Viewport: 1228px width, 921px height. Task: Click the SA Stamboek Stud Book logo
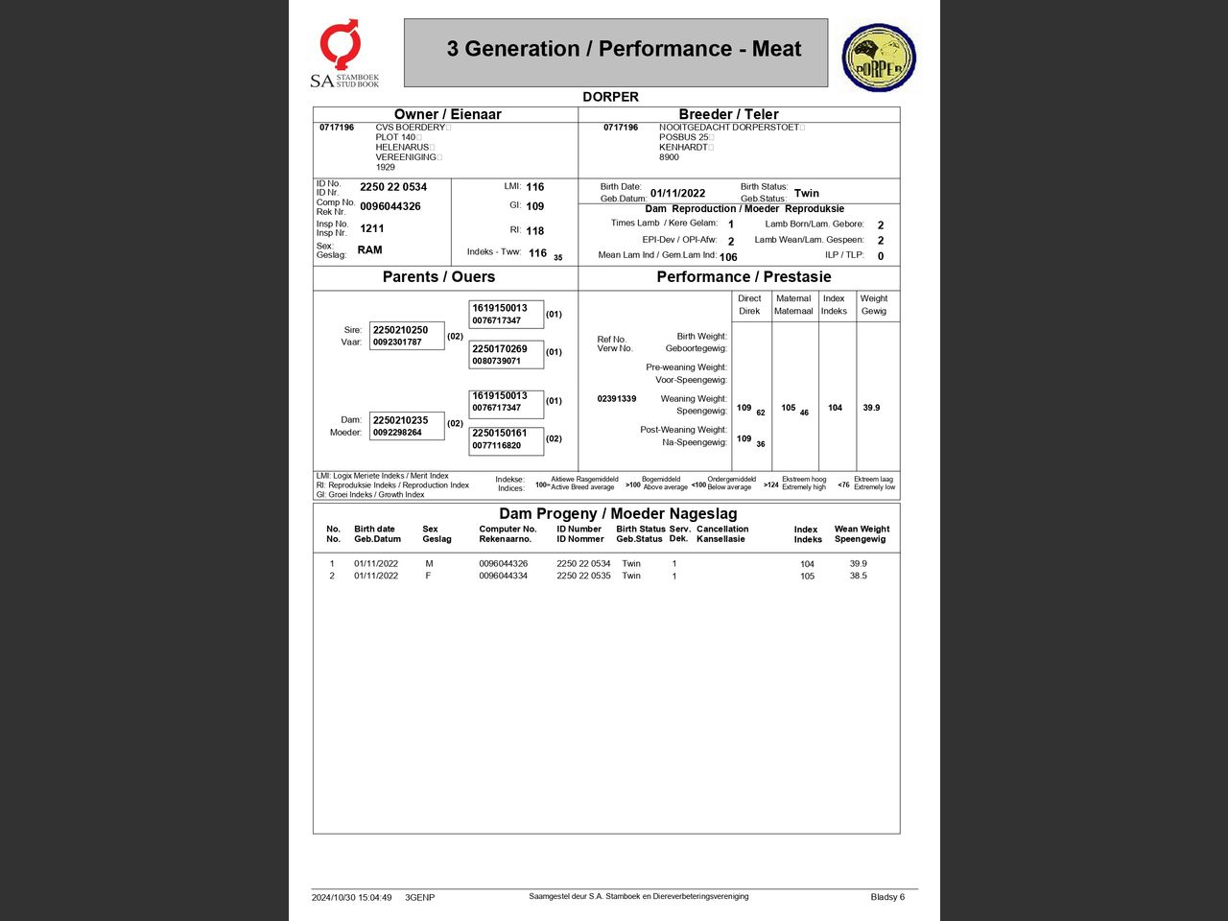[343, 54]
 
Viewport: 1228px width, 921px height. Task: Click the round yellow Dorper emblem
[879, 58]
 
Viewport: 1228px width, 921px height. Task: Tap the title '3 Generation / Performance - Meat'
[624, 49]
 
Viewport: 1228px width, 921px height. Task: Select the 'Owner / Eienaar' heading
[447, 114]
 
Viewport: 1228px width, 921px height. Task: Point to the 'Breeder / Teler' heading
[728, 114]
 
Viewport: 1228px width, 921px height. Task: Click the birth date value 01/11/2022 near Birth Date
[677, 193]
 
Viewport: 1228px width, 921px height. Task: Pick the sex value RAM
[369, 249]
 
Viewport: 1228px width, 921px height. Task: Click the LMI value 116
[534, 187]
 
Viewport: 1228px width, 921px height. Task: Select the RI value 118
[534, 230]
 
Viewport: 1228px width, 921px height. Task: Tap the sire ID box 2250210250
[407, 336]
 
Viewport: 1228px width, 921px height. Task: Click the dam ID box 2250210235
[407, 426]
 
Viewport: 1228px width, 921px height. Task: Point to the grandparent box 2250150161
[506, 439]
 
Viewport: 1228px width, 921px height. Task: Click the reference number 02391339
[616, 398]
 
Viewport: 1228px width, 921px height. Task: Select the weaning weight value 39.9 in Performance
[871, 408]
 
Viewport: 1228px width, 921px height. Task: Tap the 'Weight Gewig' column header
[873, 304]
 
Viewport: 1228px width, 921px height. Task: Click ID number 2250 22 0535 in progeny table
[583, 576]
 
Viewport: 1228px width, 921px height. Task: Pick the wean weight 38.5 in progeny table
[858, 576]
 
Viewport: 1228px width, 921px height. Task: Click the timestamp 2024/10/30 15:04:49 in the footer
[351, 898]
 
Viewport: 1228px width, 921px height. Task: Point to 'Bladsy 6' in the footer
[887, 897]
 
